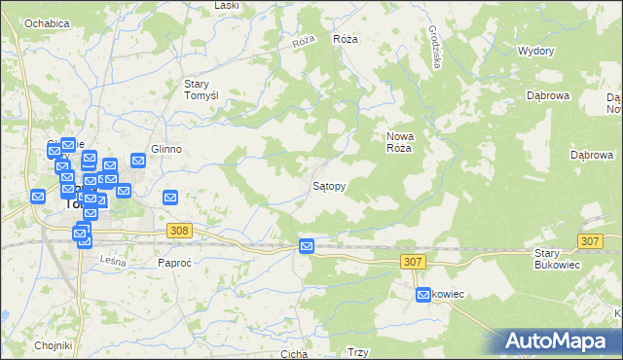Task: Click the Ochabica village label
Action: tap(48, 21)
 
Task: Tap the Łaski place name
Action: tap(227, 6)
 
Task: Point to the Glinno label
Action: tap(166, 149)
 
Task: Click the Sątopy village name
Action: tap(330, 184)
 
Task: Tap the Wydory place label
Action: tap(535, 51)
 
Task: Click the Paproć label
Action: tap(178, 263)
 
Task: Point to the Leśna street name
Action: tap(114, 260)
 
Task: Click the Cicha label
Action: tap(293, 354)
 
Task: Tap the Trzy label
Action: tap(357, 353)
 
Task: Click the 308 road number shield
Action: tap(178, 231)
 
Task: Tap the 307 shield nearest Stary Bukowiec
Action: tap(590, 240)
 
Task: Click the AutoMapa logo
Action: tap(560, 341)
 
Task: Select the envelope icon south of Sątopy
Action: tap(307, 247)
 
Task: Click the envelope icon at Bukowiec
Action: tap(423, 294)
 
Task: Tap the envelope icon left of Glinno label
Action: tap(138, 160)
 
